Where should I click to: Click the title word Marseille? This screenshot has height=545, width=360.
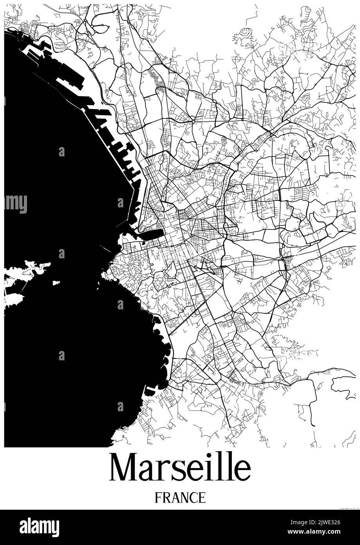(180, 468)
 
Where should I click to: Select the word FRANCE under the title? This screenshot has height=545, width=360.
(180, 498)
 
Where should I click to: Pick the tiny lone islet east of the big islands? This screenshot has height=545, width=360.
(56, 282)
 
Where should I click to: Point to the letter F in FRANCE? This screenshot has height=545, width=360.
(158, 498)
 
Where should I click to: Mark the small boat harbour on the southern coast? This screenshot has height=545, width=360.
(150, 390)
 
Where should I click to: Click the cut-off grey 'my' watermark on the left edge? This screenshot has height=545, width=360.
(16, 203)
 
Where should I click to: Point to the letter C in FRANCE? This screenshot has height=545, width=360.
(194, 498)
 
